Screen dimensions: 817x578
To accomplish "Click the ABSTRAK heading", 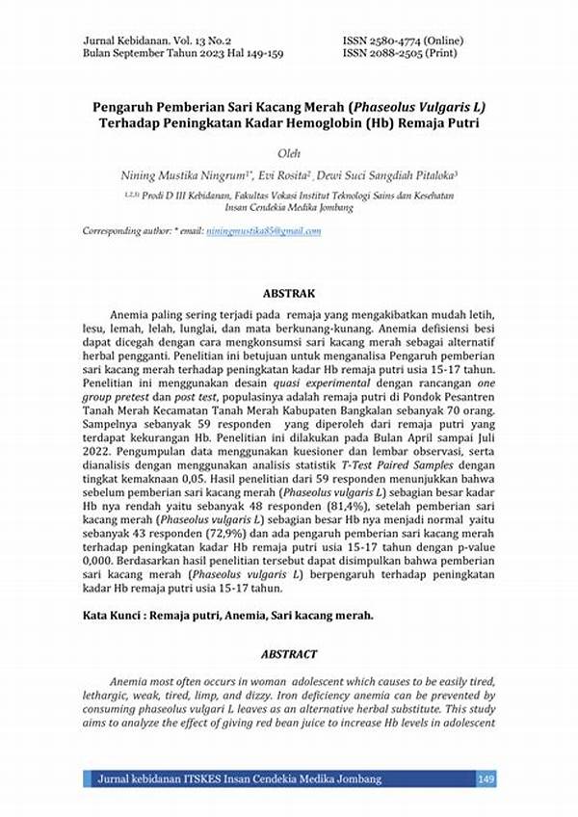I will (289, 292).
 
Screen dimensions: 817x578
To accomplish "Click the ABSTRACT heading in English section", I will (289, 652).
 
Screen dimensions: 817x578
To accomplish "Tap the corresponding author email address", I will (263, 231).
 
